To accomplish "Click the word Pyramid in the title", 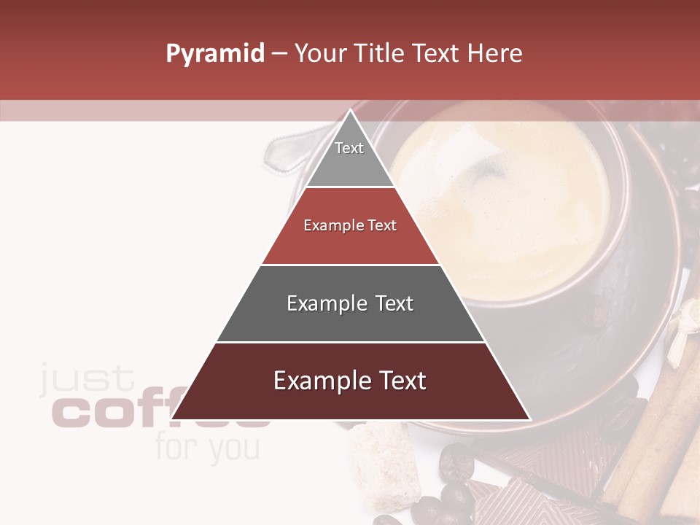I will point(214,54).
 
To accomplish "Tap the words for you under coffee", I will point(207,448).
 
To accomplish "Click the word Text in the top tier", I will point(349,148).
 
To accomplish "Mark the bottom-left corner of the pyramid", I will point(172,419).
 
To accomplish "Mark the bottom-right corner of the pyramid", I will point(529,419).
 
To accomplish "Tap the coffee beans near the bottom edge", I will point(456,481).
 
